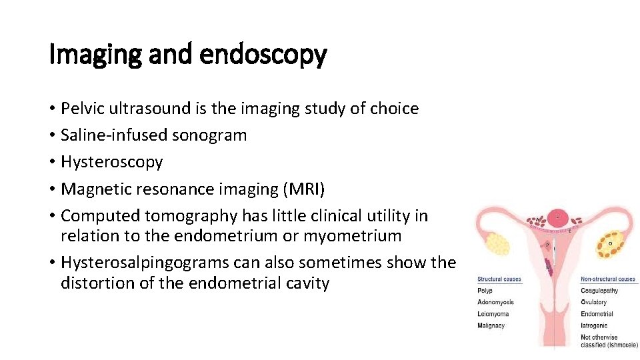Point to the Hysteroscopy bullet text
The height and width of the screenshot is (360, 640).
pyautogui.click(x=111, y=162)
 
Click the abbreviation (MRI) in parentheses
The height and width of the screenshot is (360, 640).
pyautogui.click(x=304, y=189)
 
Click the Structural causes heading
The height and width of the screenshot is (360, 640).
pyautogui.click(x=499, y=279)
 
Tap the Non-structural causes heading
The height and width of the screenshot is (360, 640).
pyautogui.click(x=608, y=279)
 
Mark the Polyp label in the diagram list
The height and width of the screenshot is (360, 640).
pyautogui.click(x=485, y=291)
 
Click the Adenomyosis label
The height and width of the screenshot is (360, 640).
pyautogui.click(x=495, y=303)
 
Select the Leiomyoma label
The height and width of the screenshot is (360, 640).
pyautogui.click(x=493, y=314)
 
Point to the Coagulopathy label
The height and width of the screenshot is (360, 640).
pyautogui.click(x=599, y=291)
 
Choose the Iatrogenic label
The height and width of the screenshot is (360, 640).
pyautogui.click(x=595, y=326)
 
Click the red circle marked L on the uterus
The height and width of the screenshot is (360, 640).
pyautogui.click(x=557, y=217)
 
